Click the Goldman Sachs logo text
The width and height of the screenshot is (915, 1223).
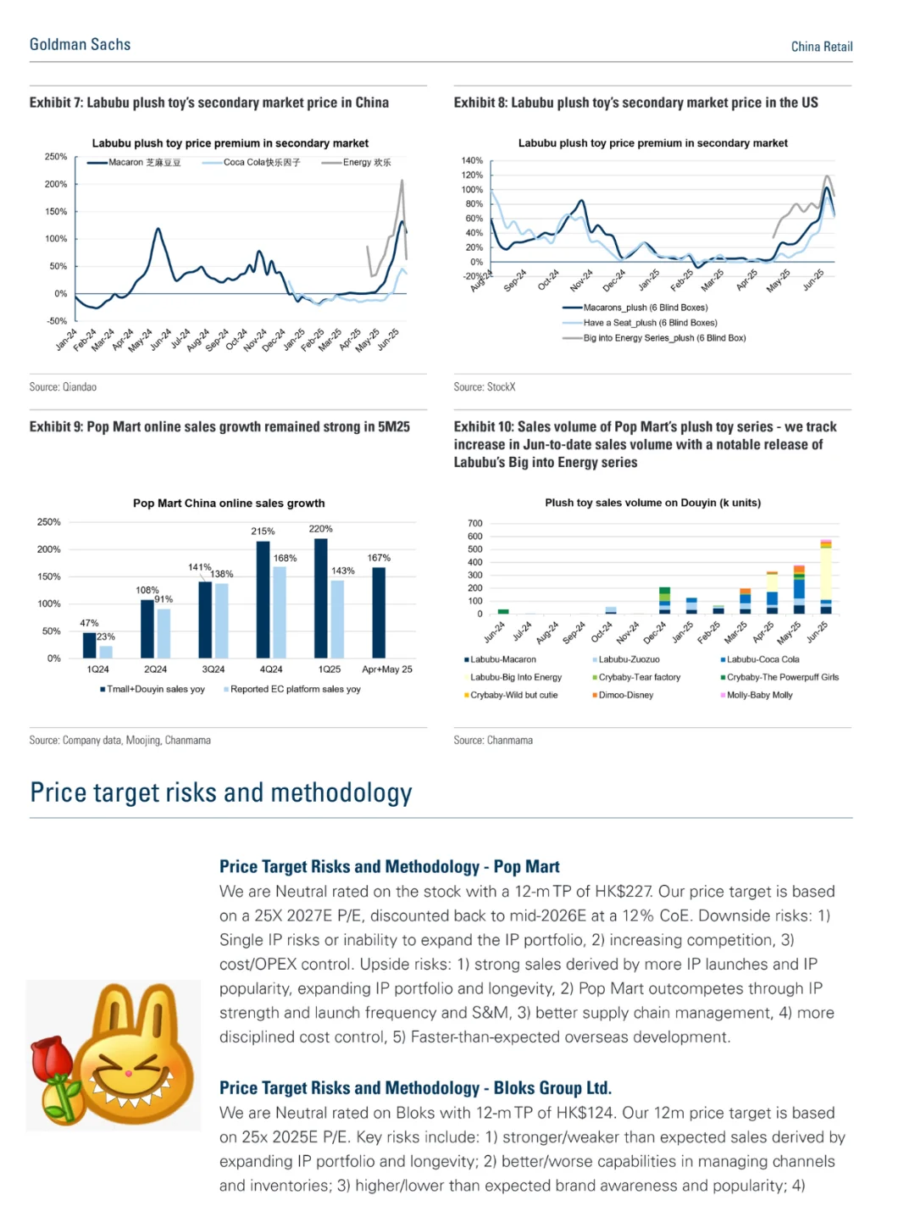(x=80, y=44)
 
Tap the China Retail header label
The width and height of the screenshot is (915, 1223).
(x=821, y=47)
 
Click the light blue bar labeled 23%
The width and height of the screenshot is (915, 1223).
(x=106, y=652)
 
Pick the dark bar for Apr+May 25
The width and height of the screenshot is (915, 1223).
(x=379, y=612)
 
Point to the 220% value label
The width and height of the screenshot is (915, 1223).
(x=320, y=529)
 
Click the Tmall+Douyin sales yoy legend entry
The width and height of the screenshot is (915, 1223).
(x=154, y=689)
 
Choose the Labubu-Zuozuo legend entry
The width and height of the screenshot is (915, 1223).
(x=628, y=659)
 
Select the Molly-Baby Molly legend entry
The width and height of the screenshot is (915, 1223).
(x=758, y=695)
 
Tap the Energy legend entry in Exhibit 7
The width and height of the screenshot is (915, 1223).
(x=366, y=162)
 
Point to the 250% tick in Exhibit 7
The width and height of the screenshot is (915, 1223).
(x=56, y=157)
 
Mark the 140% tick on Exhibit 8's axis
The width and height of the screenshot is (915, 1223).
(x=472, y=160)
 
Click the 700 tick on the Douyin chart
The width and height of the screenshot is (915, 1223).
(x=474, y=524)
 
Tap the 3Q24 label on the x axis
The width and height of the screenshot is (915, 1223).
(x=213, y=670)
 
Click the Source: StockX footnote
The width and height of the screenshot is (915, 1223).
(x=485, y=387)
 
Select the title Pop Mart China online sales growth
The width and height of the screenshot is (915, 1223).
(x=229, y=503)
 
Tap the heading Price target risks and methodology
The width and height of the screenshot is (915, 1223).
(x=221, y=792)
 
